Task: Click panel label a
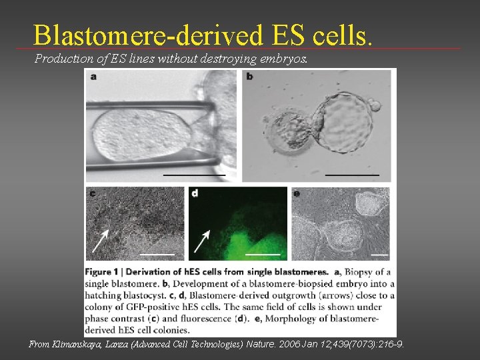click(93, 76)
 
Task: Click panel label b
click(249, 76)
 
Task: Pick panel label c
click(92, 193)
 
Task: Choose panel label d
click(195, 193)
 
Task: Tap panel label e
click(297, 193)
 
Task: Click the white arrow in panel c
click(101, 241)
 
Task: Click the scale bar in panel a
click(194, 175)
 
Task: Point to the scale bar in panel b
click(352, 175)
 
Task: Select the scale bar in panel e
click(379, 255)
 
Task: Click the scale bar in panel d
click(263, 255)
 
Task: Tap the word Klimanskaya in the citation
click(83, 345)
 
